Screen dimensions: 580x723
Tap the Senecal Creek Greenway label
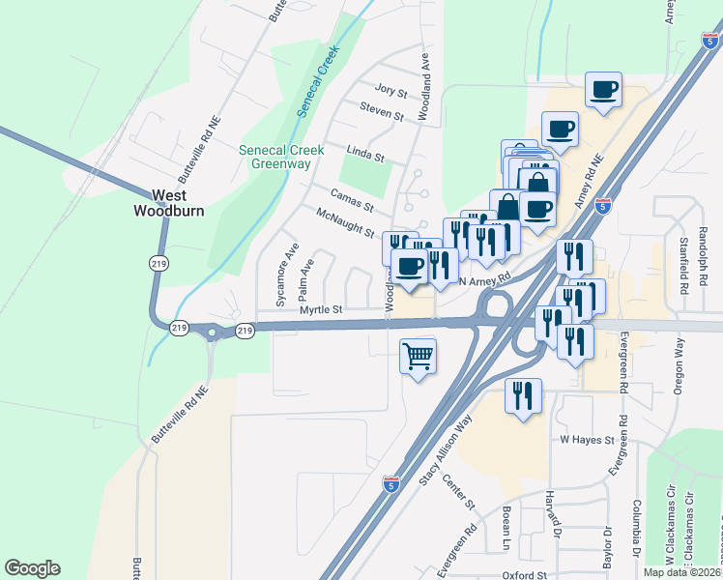[x=281, y=157]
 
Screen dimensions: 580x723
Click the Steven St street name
[x=382, y=112]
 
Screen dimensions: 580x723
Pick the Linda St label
[x=366, y=154]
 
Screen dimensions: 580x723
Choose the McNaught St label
[x=345, y=222]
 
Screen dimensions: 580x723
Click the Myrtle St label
[x=321, y=309]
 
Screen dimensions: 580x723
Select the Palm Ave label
[x=306, y=277]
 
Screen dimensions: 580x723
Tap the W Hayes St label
[x=588, y=439]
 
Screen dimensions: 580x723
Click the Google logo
[x=32, y=568]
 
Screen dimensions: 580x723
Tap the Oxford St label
[x=525, y=574]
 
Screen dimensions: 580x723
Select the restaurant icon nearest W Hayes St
[x=523, y=395]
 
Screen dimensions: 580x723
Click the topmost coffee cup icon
[x=604, y=91]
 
